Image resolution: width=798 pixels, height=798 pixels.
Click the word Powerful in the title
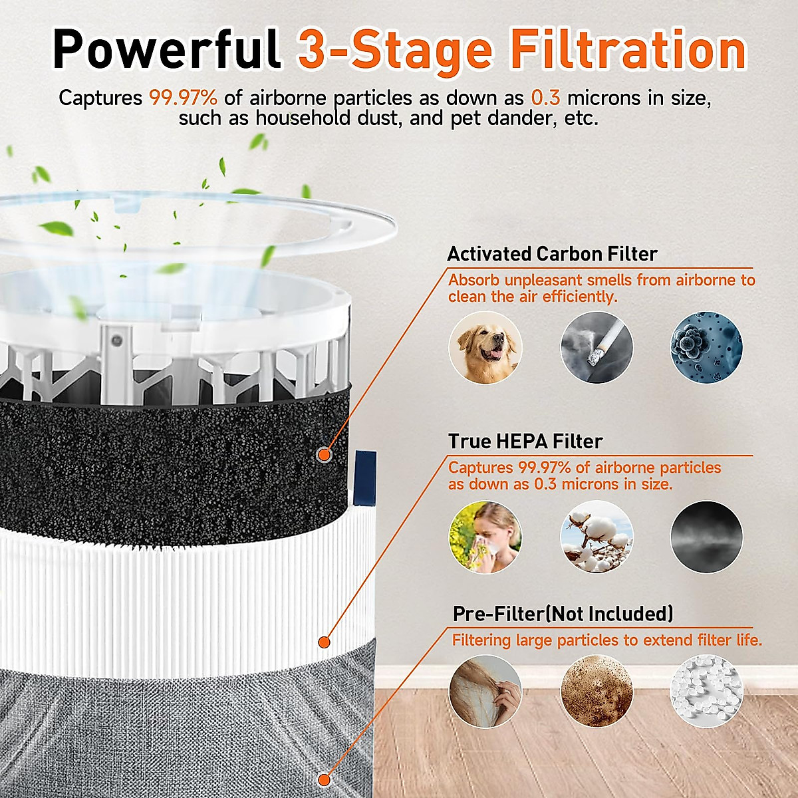(166, 50)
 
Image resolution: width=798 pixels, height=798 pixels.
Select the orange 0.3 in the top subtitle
(545, 98)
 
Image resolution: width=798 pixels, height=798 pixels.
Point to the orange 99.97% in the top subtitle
(183, 98)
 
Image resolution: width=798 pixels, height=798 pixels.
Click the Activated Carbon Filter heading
(552, 254)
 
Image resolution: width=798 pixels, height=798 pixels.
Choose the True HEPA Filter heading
(525, 442)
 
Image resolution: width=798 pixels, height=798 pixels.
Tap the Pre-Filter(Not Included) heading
(563, 613)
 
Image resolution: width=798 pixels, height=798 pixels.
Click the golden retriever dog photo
(485, 347)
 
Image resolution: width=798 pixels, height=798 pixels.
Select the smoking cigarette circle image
(597, 347)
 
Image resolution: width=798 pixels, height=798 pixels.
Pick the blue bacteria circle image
(706, 347)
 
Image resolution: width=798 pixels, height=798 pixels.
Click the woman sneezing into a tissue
(485, 537)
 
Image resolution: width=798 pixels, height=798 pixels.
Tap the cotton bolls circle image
(597, 537)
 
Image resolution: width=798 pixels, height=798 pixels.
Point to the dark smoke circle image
(706, 537)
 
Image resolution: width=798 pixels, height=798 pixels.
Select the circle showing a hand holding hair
(485, 692)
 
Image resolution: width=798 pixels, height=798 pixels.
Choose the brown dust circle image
(597, 692)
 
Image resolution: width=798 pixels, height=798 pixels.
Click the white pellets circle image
(706, 692)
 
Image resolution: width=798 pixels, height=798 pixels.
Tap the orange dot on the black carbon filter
(324, 455)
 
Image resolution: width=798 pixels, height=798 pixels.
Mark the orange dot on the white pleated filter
(324, 642)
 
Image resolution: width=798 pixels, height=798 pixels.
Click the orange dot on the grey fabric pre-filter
(324, 779)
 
